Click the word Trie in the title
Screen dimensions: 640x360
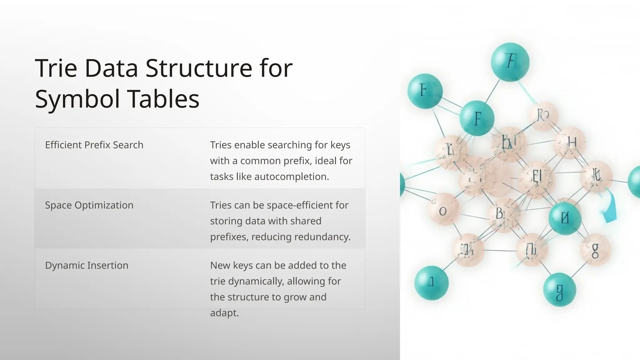click(56, 68)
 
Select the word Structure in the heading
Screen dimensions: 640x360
click(199, 68)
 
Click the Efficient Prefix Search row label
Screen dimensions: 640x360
click(94, 145)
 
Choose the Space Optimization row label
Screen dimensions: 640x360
click(89, 205)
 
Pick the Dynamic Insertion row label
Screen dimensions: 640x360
click(87, 265)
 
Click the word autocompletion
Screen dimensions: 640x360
click(292, 177)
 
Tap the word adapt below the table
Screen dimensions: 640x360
click(224, 313)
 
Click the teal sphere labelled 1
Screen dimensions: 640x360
click(431, 282)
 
